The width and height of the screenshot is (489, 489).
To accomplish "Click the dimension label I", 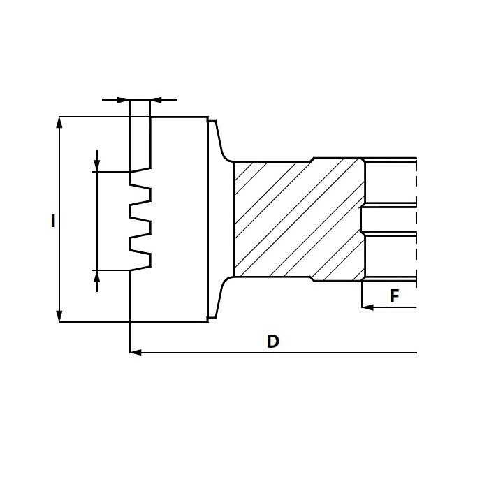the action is pyautogui.click(x=53, y=221).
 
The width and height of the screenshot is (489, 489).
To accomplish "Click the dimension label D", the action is pyautogui.click(x=273, y=342).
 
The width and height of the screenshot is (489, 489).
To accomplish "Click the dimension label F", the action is pyautogui.click(x=395, y=296).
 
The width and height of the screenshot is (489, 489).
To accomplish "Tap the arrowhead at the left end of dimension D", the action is pyautogui.click(x=136, y=352).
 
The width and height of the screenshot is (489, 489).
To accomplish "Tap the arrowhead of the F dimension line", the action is pyautogui.click(x=367, y=307).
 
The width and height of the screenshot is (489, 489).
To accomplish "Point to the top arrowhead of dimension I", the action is pyautogui.click(x=59, y=122).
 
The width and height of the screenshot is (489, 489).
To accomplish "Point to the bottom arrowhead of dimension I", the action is pyautogui.click(x=59, y=316).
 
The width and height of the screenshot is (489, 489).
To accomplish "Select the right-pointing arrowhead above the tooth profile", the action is pyautogui.click(x=124, y=100).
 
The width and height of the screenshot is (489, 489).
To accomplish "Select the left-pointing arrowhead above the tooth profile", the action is pyautogui.click(x=156, y=100).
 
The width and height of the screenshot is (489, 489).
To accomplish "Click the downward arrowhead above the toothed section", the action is pyautogui.click(x=97, y=166).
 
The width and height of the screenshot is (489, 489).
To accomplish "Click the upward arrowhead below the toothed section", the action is pyautogui.click(x=97, y=276).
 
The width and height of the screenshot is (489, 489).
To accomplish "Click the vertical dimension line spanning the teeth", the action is pyautogui.click(x=97, y=221).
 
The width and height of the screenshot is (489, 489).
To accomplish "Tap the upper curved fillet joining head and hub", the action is pyautogui.click(x=224, y=155).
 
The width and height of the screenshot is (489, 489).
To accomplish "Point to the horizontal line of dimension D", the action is pyautogui.click(x=273, y=353).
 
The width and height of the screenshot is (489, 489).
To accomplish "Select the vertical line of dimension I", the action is pyautogui.click(x=59, y=219).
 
